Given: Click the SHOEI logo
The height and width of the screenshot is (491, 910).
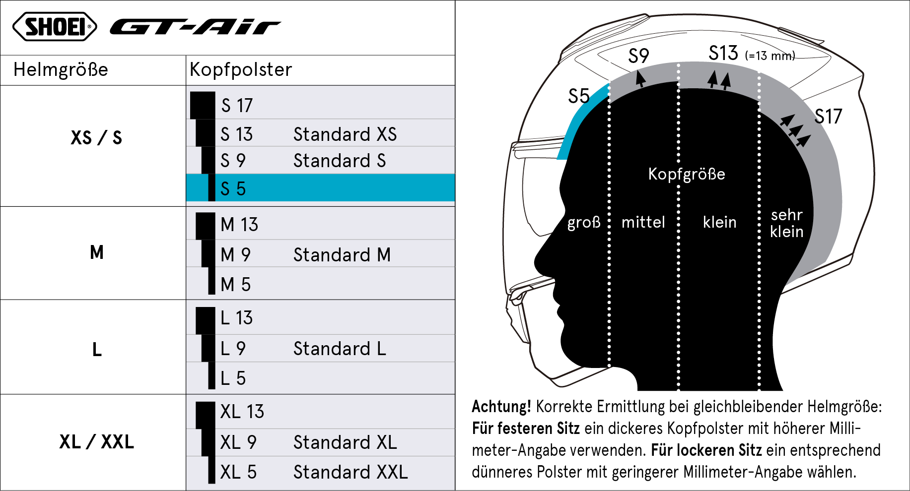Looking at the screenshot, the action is [x=55, y=26].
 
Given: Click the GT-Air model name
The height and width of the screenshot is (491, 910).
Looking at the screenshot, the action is [x=195, y=27].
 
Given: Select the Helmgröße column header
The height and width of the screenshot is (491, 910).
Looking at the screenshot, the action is [x=61, y=69].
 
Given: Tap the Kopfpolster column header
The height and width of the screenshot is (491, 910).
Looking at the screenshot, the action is [x=241, y=69].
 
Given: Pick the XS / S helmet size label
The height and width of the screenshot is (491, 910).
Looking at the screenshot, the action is [x=96, y=137].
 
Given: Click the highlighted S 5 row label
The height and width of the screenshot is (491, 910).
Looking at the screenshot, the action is [x=233, y=188].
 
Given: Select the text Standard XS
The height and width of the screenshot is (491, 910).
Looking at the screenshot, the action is [x=345, y=134].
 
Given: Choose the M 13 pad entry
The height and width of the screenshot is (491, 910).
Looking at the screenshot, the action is [x=239, y=225].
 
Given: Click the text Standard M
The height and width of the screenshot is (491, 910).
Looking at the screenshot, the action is [x=342, y=255].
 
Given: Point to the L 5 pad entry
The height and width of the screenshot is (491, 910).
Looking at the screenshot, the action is [x=233, y=378].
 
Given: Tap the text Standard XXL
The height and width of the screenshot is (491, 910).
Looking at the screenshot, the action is [x=350, y=472].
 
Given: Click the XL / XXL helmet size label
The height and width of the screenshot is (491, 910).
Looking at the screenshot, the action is [x=97, y=441].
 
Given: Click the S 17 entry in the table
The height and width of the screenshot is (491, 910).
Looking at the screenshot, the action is [x=237, y=105].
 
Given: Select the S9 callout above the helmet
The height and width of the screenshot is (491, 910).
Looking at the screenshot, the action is [x=638, y=56].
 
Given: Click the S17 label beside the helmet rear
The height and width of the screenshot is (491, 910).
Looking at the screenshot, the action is [x=828, y=117].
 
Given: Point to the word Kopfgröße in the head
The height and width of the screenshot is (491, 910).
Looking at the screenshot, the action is [x=687, y=174].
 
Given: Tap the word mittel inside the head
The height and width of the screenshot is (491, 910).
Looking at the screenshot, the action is [x=643, y=222].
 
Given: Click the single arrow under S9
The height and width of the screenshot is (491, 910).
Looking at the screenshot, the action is [x=641, y=78].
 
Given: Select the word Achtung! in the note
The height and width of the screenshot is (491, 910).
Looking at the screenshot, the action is [x=501, y=407].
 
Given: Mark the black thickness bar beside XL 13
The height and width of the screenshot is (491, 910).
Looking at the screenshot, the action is [x=205, y=415].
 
